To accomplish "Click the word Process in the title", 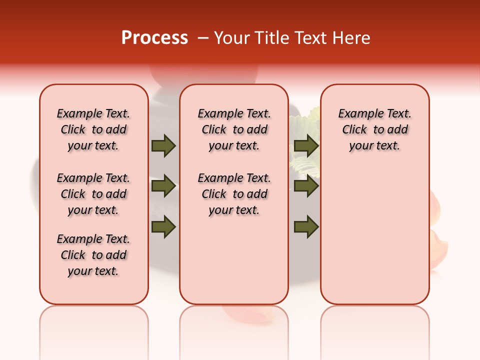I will (x=154, y=38).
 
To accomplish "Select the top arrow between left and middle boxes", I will (x=163, y=146).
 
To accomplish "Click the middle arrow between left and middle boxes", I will (x=163, y=186).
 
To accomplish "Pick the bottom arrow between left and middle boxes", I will (x=163, y=227).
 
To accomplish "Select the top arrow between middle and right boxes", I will (x=306, y=146).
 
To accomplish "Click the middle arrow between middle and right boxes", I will (x=306, y=186).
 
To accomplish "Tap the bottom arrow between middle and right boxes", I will (x=306, y=227).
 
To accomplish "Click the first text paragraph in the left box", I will (x=93, y=129).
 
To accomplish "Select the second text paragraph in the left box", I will (x=93, y=194).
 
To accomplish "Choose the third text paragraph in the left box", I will (x=93, y=255).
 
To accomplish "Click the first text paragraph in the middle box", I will (x=234, y=129).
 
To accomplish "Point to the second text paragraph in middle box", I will (x=234, y=194).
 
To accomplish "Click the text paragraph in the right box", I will (x=374, y=129).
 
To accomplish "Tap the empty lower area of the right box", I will (x=374, y=240).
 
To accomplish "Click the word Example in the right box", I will (x=356, y=114).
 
